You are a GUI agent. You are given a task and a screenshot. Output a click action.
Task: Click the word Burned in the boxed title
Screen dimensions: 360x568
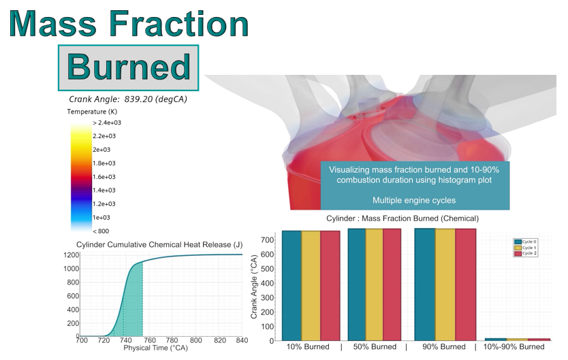[129, 68]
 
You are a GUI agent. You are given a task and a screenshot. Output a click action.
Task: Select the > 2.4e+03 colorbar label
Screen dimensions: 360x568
[107, 122]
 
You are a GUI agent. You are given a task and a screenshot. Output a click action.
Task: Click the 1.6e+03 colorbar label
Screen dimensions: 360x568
[104, 177]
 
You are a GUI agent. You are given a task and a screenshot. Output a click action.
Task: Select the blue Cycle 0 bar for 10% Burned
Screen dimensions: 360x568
[291, 286]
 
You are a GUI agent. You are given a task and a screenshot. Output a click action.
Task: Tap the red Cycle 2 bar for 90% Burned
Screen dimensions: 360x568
[467, 286]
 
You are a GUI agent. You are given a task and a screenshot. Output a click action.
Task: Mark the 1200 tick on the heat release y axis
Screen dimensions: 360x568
[70, 255]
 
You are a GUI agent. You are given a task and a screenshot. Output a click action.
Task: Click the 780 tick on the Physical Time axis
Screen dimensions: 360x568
[172, 341]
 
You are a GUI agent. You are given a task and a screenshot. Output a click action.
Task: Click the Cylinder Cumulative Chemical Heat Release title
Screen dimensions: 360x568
[159, 244]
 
